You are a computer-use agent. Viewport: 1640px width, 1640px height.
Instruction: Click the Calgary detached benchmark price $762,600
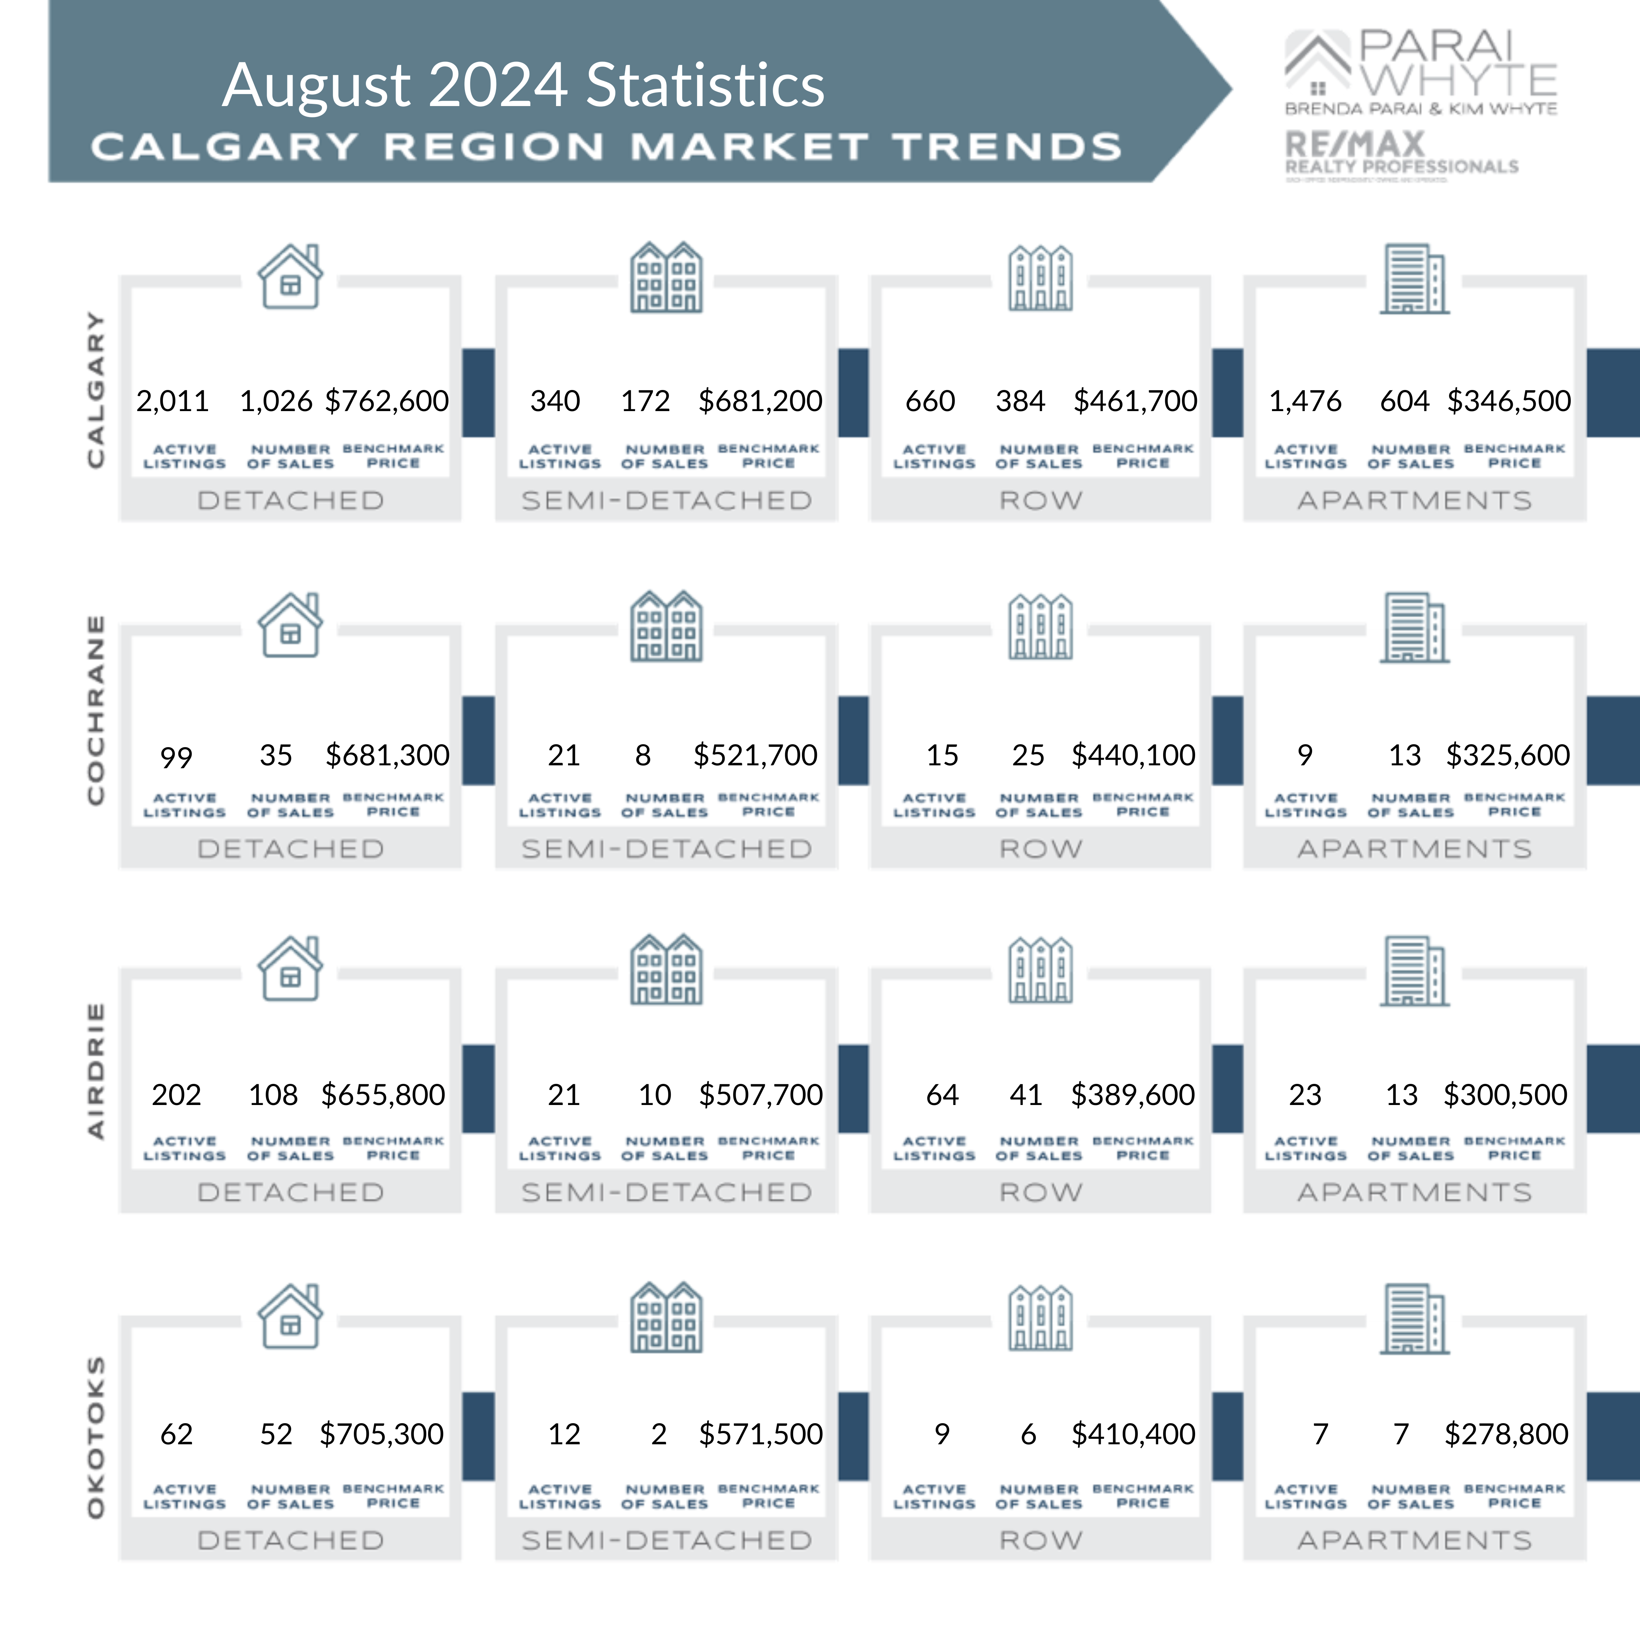pyautogui.click(x=387, y=401)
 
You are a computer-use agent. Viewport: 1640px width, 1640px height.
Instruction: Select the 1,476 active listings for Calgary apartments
pyautogui.click(x=1305, y=401)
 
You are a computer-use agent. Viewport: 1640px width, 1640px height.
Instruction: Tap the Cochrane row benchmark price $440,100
pyautogui.click(x=1133, y=755)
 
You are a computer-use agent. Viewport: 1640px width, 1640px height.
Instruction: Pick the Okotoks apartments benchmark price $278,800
pyautogui.click(x=1506, y=1434)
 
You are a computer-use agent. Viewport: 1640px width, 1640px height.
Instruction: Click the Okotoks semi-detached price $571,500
pyautogui.click(x=760, y=1434)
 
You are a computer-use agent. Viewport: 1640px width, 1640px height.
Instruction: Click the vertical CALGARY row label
pyautogui.click(x=96, y=389)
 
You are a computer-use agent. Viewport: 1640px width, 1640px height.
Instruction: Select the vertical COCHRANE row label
pyautogui.click(x=96, y=710)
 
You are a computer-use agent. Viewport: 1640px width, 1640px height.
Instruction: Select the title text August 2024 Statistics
pyautogui.click(x=523, y=85)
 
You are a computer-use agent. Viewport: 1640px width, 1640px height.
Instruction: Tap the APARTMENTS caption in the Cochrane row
pyautogui.click(x=1414, y=849)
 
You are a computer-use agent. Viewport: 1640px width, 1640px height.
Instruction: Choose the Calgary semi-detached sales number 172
pyautogui.click(x=645, y=401)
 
